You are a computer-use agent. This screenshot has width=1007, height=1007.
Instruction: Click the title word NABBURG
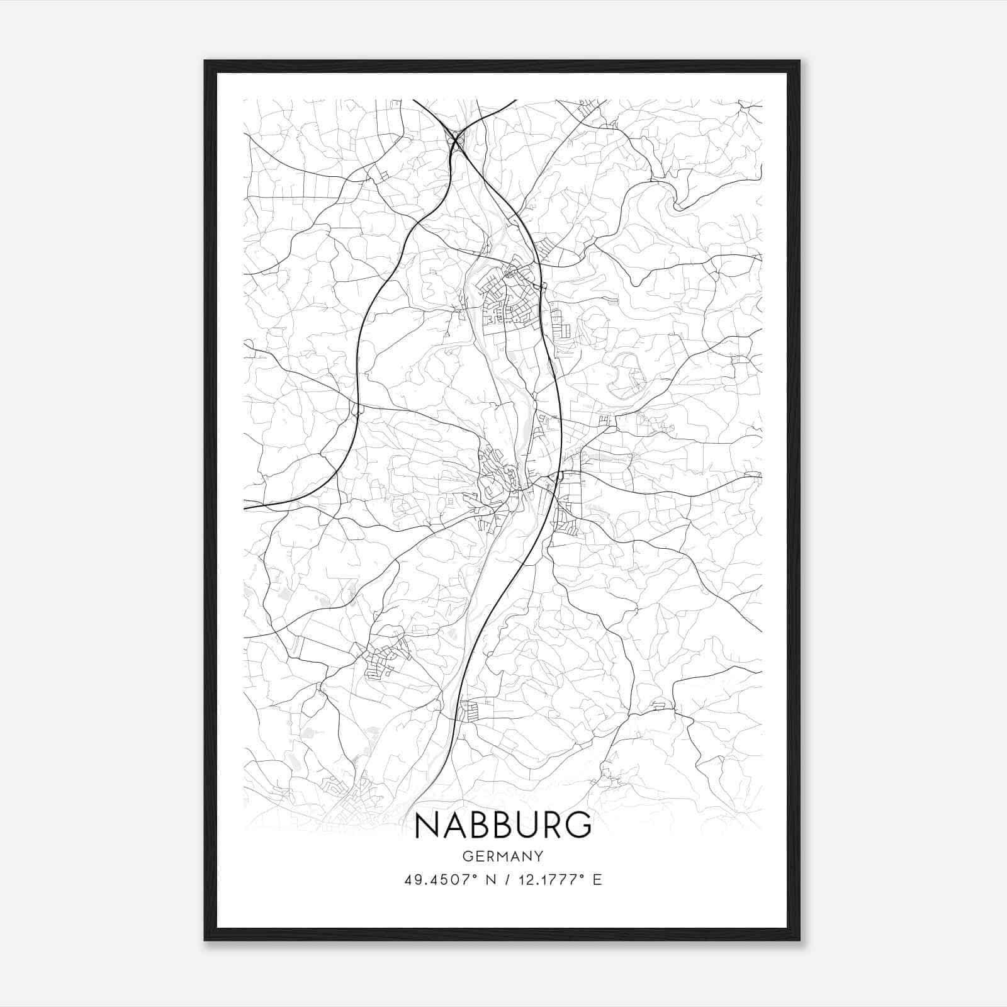[503, 825]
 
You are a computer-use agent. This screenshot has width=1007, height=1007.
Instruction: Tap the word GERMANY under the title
[503, 856]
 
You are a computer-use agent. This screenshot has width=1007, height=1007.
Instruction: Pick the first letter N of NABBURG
[427, 825]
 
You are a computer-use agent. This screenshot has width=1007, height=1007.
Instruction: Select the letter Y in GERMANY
[539, 856]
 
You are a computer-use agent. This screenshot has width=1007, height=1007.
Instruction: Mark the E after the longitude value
[597, 879]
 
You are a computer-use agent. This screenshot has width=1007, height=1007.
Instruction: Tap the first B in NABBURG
[478, 825]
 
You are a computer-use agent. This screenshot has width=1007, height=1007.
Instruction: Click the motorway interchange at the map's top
[454, 137]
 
